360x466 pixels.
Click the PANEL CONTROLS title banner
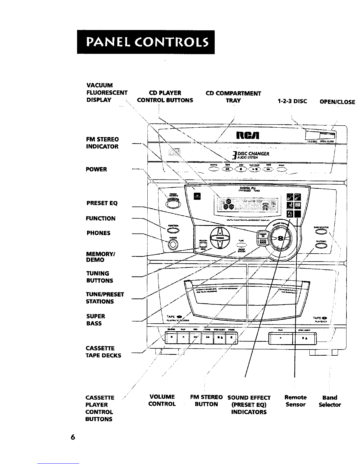[x=146, y=42]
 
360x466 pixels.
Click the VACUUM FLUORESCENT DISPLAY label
[x=107, y=93]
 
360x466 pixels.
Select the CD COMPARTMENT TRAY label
[x=234, y=97]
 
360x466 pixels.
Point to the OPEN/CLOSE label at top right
[x=337, y=102]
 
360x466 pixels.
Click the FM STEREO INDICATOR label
[x=102, y=143]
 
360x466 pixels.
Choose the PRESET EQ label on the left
[x=102, y=203]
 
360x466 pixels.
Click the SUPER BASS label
[x=96, y=320]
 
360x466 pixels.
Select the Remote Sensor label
[x=296, y=401]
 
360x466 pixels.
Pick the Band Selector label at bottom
[x=330, y=401]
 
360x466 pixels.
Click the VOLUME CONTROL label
[x=162, y=400]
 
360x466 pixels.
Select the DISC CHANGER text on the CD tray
[x=255, y=154]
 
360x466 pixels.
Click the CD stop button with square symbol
[x=240, y=169]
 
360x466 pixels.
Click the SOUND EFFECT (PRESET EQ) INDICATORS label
[x=249, y=405]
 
